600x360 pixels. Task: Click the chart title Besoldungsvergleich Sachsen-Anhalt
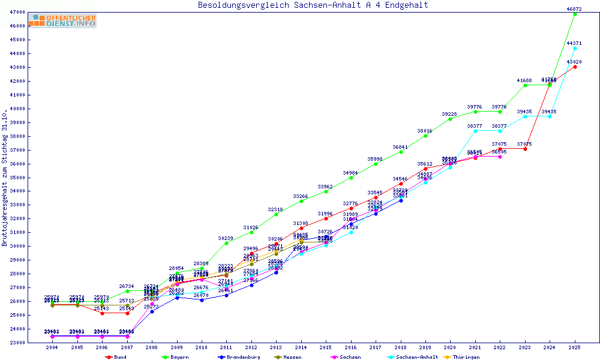click(x=313, y=5)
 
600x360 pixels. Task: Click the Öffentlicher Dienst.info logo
click(x=62, y=21)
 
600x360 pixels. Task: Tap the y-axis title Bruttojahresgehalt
click(x=5, y=178)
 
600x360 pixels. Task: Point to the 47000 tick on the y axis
click(x=18, y=12)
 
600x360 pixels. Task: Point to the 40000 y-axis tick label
click(x=18, y=109)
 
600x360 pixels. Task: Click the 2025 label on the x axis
click(x=575, y=347)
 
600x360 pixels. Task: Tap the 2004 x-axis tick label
click(x=53, y=347)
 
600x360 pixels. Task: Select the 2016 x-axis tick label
click(x=351, y=347)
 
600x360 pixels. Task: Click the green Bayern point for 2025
click(x=575, y=14)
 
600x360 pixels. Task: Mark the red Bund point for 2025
click(x=575, y=67)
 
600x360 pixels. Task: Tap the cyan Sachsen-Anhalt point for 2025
click(x=575, y=48)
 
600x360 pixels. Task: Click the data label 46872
click(x=575, y=9)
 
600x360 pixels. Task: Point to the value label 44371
click(x=575, y=43)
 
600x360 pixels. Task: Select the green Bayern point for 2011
click(x=227, y=243)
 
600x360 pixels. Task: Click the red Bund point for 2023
click(x=525, y=149)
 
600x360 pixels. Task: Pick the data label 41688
click(x=524, y=80)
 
